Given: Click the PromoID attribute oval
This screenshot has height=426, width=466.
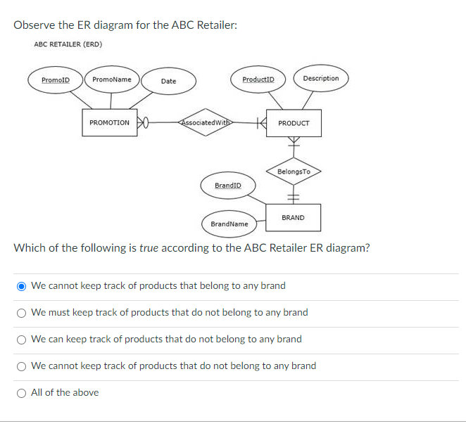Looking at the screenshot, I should (x=56, y=79).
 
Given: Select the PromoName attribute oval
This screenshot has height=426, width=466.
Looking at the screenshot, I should (x=112, y=79).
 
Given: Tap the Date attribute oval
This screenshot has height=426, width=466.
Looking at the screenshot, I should (x=168, y=82).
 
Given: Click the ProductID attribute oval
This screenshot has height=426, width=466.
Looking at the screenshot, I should (x=258, y=79).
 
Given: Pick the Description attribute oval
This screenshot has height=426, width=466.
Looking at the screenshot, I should (x=320, y=79).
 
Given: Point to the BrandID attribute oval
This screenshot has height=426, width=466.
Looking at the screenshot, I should (x=227, y=186).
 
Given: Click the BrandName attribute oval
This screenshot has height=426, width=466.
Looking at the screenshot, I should (x=229, y=224).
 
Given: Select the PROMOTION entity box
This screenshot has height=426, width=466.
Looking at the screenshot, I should (x=110, y=123).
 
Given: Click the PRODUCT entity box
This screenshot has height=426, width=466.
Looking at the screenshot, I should (x=294, y=123).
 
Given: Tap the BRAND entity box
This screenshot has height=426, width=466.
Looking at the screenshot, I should (x=293, y=218).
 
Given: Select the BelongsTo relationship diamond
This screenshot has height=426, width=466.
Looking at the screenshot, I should (x=294, y=172).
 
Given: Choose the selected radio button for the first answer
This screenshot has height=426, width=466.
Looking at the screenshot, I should (x=22, y=286).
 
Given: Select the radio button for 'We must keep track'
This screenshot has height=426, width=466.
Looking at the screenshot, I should (x=22, y=313).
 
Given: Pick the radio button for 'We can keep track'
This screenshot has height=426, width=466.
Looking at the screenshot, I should (x=22, y=340).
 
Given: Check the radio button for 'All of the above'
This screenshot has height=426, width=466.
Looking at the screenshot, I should (x=22, y=393).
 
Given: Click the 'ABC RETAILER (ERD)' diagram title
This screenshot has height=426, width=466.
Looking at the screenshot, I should (x=68, y=44).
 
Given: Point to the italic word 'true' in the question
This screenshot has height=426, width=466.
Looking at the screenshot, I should (x=149, y=247).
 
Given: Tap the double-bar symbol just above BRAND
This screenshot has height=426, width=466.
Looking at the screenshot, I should (x=294, y=196).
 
